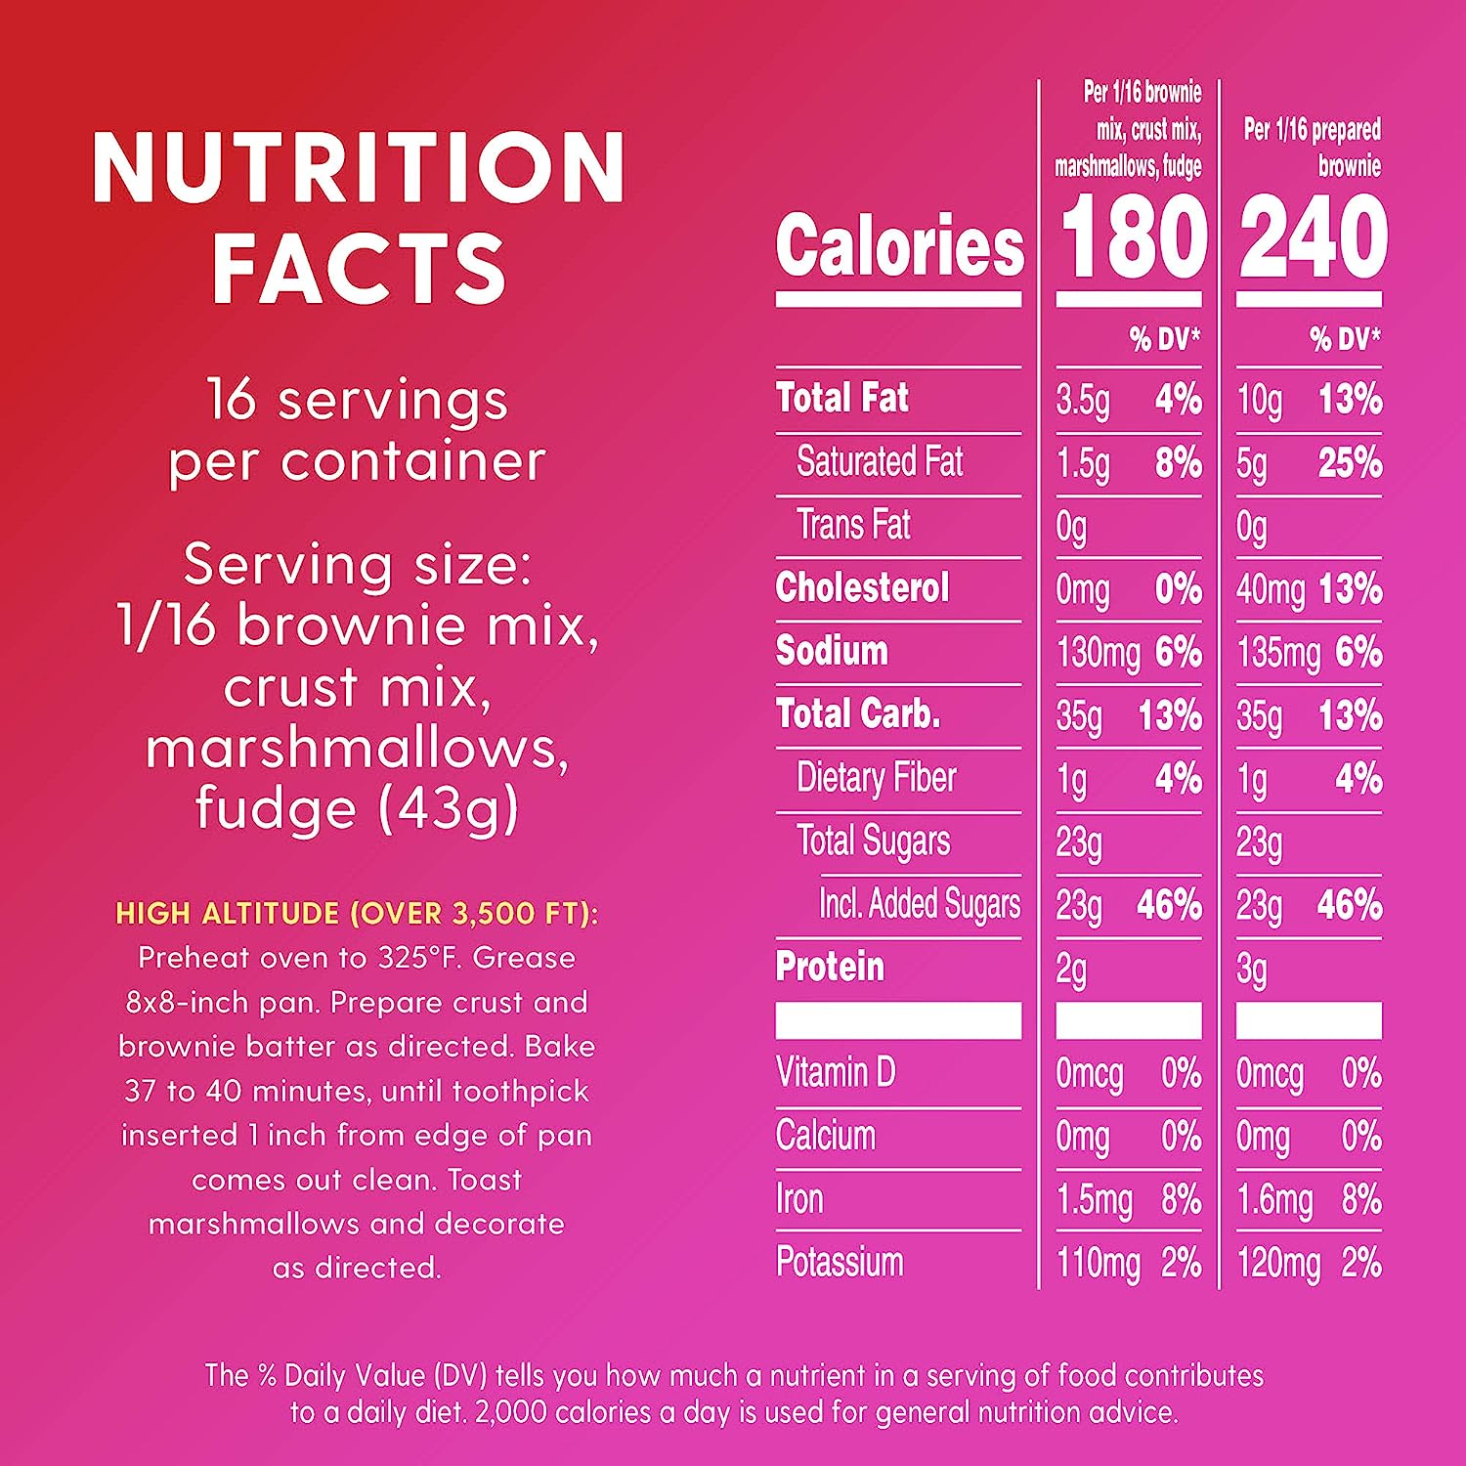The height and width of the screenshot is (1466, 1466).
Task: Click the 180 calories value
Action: click(x=1133, y=237)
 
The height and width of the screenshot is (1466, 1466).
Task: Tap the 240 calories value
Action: click(x=1313, y=237)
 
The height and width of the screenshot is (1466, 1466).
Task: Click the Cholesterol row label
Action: click(x=862, y=588)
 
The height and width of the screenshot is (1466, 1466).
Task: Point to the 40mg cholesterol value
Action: click(x=1270, y=589)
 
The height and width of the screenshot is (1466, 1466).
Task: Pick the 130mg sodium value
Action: click(x=1098, y=653)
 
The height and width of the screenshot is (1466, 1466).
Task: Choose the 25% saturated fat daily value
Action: click(x=1350, y=462)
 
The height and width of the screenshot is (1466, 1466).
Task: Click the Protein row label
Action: click(x=830, y=967)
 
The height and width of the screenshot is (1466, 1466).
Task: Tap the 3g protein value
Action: click(x=1251, y=970)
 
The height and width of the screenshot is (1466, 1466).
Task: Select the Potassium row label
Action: click(x=840, y=1262)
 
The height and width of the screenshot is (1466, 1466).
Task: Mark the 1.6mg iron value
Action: click(x=1273, y=1200)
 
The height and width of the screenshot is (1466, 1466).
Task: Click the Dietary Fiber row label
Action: click(x=876, y=778)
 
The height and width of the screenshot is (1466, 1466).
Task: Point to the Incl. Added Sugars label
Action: click(x=919, y=904)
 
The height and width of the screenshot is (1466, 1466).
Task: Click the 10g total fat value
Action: click(x=1259, y=400)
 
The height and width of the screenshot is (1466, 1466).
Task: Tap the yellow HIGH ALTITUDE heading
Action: click(x=357, y=913)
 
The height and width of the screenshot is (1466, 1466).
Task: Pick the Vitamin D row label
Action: click(x=836, y=1072)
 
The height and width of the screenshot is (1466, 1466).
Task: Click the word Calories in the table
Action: click(x=899, y=245)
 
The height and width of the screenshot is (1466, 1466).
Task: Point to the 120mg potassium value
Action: click(x=1278, y=1264)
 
